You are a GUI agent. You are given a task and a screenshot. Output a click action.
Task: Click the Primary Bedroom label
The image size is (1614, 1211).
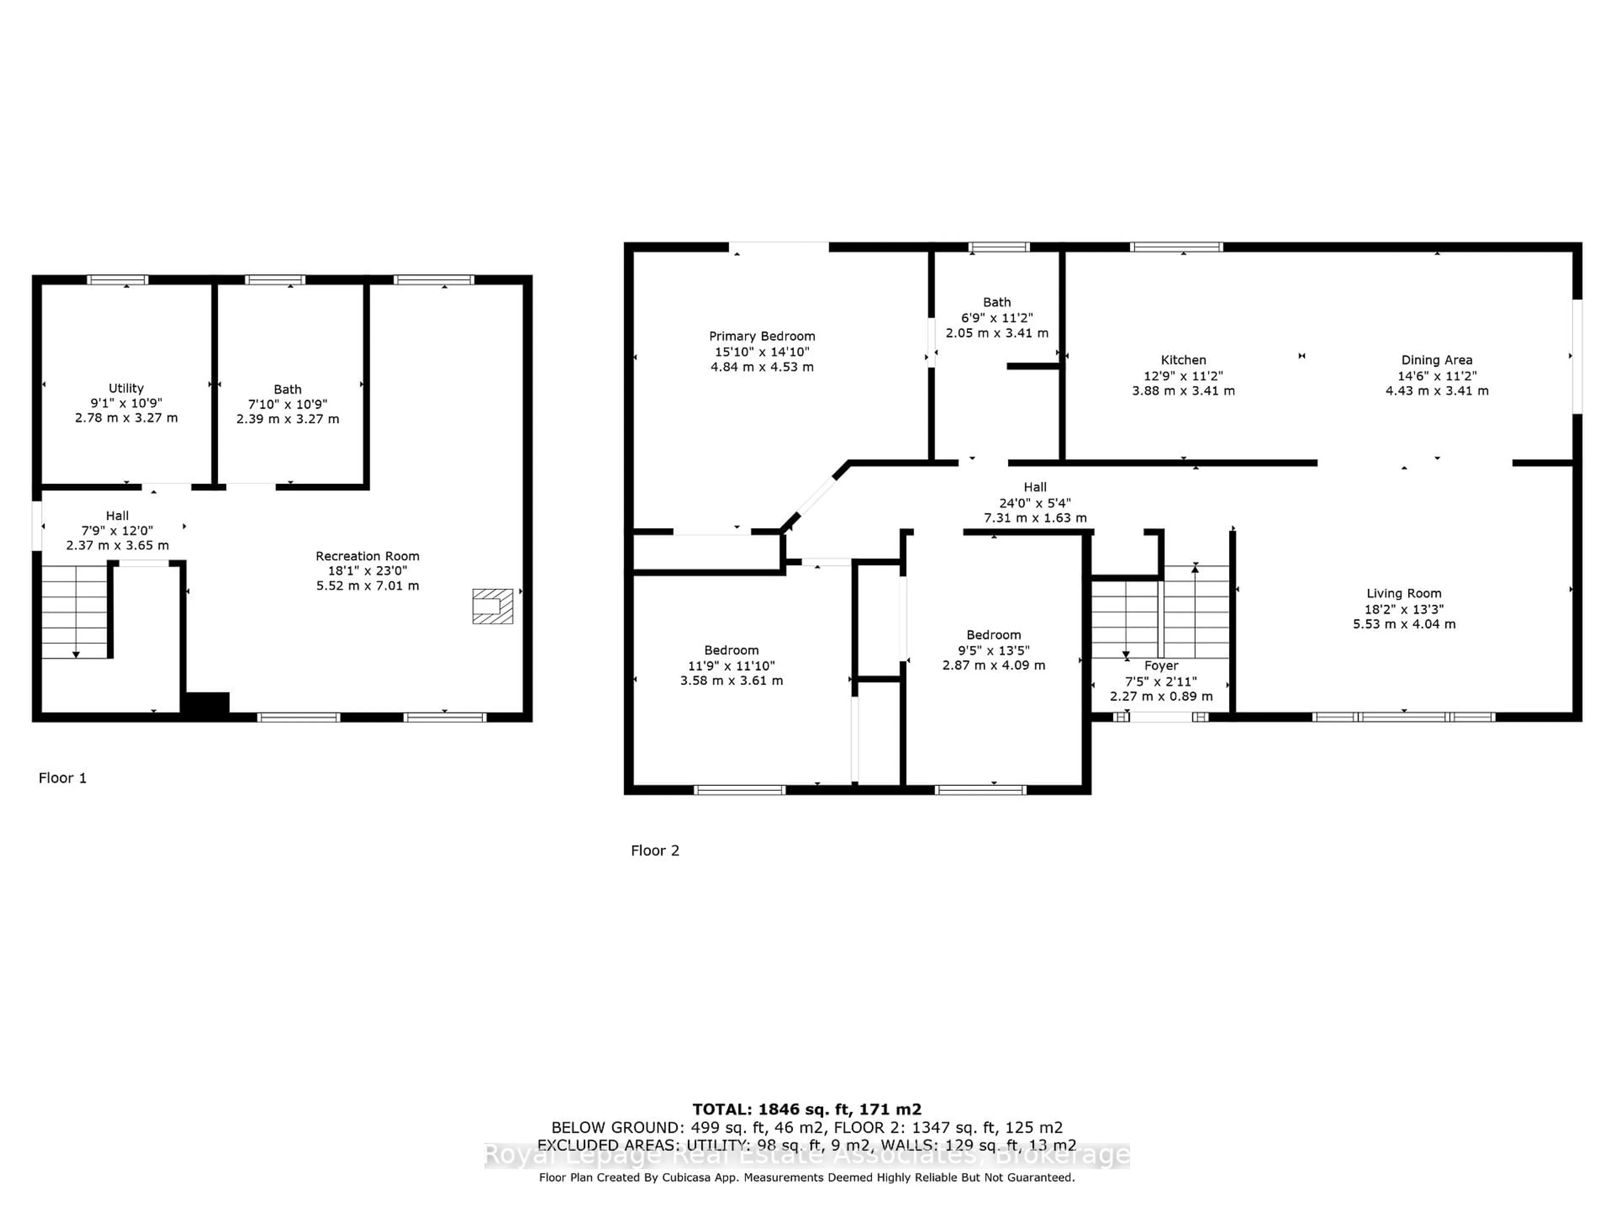[762, 336]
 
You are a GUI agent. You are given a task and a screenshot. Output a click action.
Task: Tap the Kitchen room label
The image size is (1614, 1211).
[1183, 360]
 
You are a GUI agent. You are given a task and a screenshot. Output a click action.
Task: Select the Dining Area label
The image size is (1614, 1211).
[1436, 360]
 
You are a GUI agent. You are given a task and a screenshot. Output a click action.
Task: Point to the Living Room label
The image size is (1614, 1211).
[1403, 593]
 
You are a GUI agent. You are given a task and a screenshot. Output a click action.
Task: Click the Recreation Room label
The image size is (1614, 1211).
[367, 556]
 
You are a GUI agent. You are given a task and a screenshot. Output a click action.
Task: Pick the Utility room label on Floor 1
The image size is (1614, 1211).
[126, 389]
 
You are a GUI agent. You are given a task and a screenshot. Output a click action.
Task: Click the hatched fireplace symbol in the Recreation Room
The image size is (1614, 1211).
[493, 606]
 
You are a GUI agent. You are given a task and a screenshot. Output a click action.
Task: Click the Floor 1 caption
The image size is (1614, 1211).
[63, 778]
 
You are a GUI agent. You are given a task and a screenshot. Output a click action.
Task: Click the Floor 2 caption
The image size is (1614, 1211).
[654, 850]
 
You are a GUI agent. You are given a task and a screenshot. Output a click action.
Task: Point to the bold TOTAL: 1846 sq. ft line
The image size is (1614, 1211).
[806, 1110]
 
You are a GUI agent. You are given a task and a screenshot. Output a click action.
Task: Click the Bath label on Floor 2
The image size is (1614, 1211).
[997, 302]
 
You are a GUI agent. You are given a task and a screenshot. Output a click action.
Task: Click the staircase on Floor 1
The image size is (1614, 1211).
[74, 612]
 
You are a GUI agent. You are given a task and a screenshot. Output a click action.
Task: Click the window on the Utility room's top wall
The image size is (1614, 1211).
[117, 280]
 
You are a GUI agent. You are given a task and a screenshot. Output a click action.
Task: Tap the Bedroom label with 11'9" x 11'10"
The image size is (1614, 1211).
[731, 650]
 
